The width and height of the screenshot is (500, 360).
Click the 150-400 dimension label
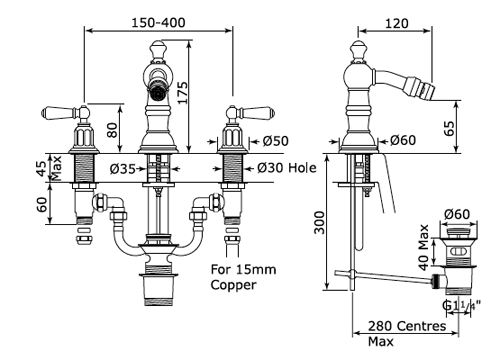(x=158, y=23)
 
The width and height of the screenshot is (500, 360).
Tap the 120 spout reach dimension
(x=397, y=23)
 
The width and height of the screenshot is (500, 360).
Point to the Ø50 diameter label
(x=275, y=141)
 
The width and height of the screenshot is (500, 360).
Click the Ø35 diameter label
(x=122, y=169)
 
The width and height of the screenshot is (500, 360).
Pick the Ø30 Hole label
(x=287, y=168)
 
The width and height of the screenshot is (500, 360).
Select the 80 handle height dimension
(x=113, y=130)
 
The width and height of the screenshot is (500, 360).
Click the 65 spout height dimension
(x=449, y=128)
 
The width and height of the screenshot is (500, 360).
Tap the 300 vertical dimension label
(x=319, y=222)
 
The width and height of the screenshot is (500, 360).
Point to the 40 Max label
(x=423, y=247)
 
